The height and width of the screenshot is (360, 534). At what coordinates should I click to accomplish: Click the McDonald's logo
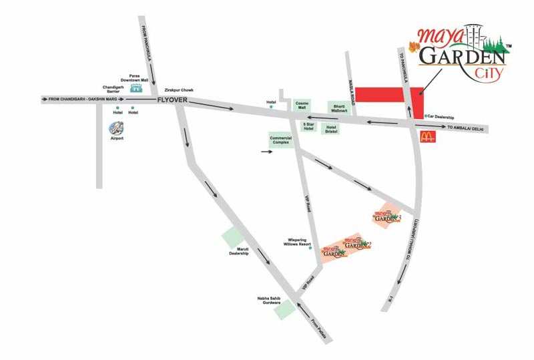pos(427,138)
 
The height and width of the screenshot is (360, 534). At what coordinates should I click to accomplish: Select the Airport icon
pos(117,128)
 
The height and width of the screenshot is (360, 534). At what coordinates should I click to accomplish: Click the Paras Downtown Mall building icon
pos(136,88)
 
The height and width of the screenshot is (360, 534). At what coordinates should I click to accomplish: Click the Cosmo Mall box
pos(302,106)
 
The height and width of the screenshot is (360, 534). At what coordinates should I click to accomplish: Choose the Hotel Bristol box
pos(330,128)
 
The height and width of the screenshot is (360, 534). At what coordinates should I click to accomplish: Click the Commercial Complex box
pos(282,140)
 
